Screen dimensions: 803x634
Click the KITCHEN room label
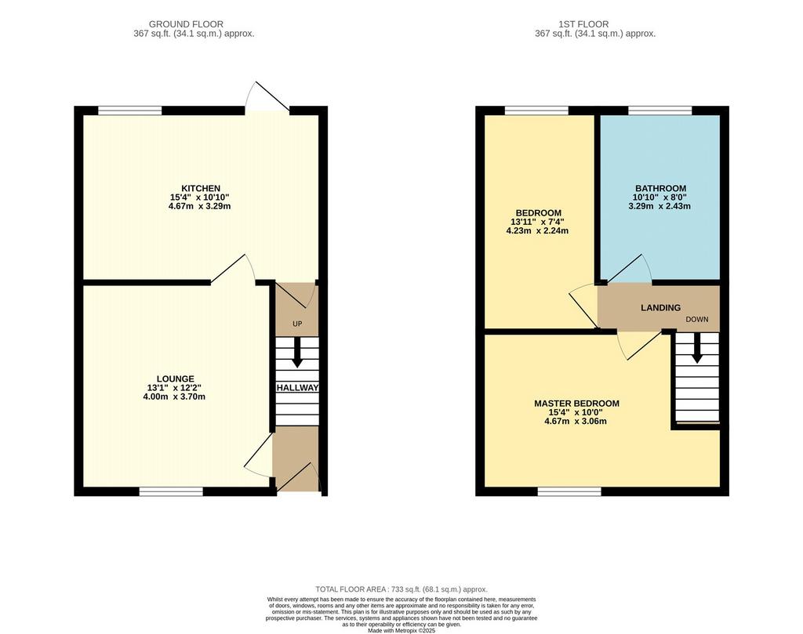tap(201, 188)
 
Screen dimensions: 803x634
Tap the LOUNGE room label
tap(175, 379)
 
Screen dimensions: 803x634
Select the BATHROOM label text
tap(660, 188)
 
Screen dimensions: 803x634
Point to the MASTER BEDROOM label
tap(576, 404)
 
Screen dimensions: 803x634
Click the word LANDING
tap(660, 307)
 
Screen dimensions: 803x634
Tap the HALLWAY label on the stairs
tap(297, 388)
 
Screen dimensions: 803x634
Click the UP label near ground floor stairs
tap(297, 324)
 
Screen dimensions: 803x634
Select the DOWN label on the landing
tap(697, 319)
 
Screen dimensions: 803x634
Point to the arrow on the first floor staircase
tap(696, 348)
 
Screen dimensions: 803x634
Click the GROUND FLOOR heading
tap(186, 24)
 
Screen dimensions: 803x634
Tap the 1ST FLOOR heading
tap(583, 24)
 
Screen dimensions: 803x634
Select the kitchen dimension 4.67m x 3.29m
tap(200, 207)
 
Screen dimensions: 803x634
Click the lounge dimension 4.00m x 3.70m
tap(174, 397)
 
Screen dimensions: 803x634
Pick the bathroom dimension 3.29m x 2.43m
tap(659, 206)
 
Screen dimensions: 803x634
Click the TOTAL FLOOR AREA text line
tap(401, 589)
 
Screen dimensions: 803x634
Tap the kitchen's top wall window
tap(130, 110)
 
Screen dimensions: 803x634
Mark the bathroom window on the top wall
tap(660, 110)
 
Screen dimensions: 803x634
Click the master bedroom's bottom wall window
tap(569, 491)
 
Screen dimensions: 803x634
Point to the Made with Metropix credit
tap(401, 631)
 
